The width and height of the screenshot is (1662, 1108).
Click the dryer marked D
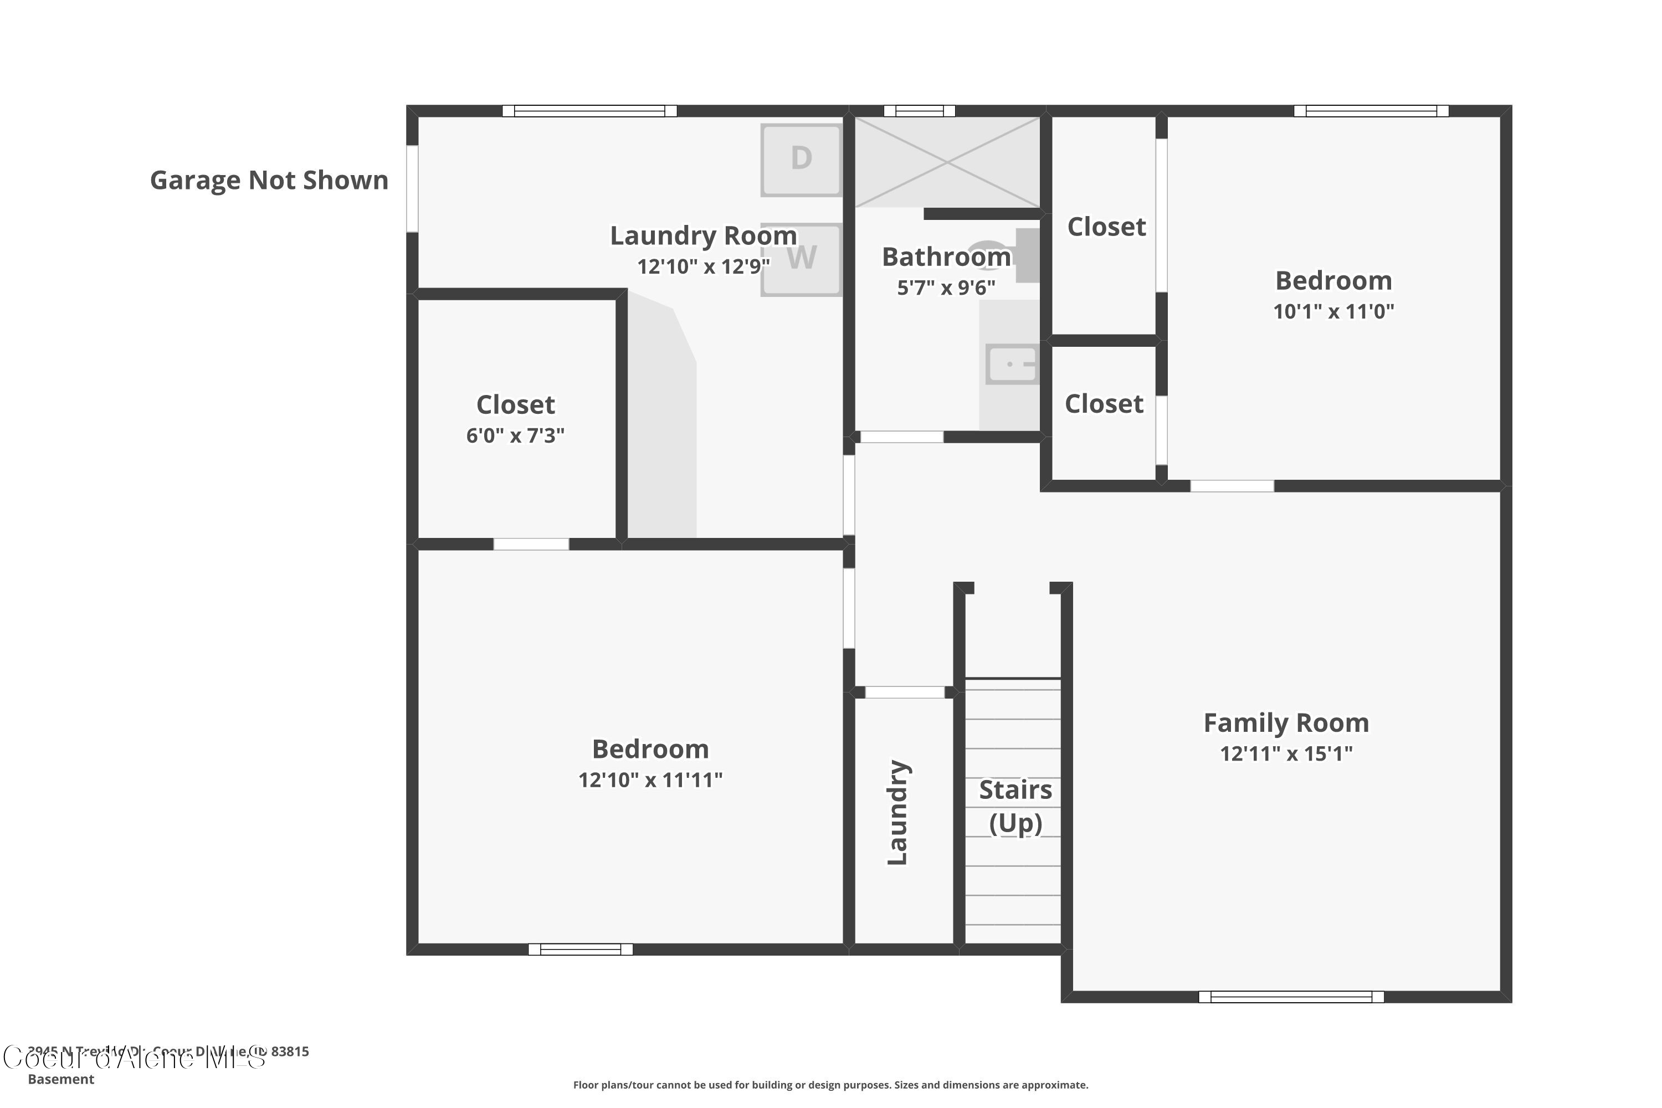(x=801, y=160)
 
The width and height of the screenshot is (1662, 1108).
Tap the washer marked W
(x=801, y=259)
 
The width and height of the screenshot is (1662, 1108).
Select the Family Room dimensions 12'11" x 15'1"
(x=1285, y=754)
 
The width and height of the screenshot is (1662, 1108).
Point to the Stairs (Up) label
(x=1015, y=806)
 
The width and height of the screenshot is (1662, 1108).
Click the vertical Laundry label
(x=897, y=813)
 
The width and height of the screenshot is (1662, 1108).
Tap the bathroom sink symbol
(x=1011, y=365)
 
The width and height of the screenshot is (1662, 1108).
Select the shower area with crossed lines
(x=947, y=162)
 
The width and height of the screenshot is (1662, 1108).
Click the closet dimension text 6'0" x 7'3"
(x=515, y=435)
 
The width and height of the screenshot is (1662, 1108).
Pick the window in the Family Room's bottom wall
(x=1290, y=997)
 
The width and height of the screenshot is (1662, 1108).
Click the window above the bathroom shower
(x=919, y=111)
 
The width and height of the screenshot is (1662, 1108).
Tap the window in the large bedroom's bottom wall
(x=580, y=949)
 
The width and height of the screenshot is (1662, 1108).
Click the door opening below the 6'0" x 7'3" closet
(x=531, y=544)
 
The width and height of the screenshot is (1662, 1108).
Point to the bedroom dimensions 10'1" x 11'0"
(x=1333, y=311)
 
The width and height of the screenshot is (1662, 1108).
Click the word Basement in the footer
(x=61, y=1079)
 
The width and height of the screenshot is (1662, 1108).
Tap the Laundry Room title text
(x=703, y=235)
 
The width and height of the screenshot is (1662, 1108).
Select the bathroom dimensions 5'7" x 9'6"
(x=946, y=288)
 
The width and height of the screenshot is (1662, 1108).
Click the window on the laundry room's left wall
(x=412, y=189)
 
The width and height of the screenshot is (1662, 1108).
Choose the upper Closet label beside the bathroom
(x=1106, y=227)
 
